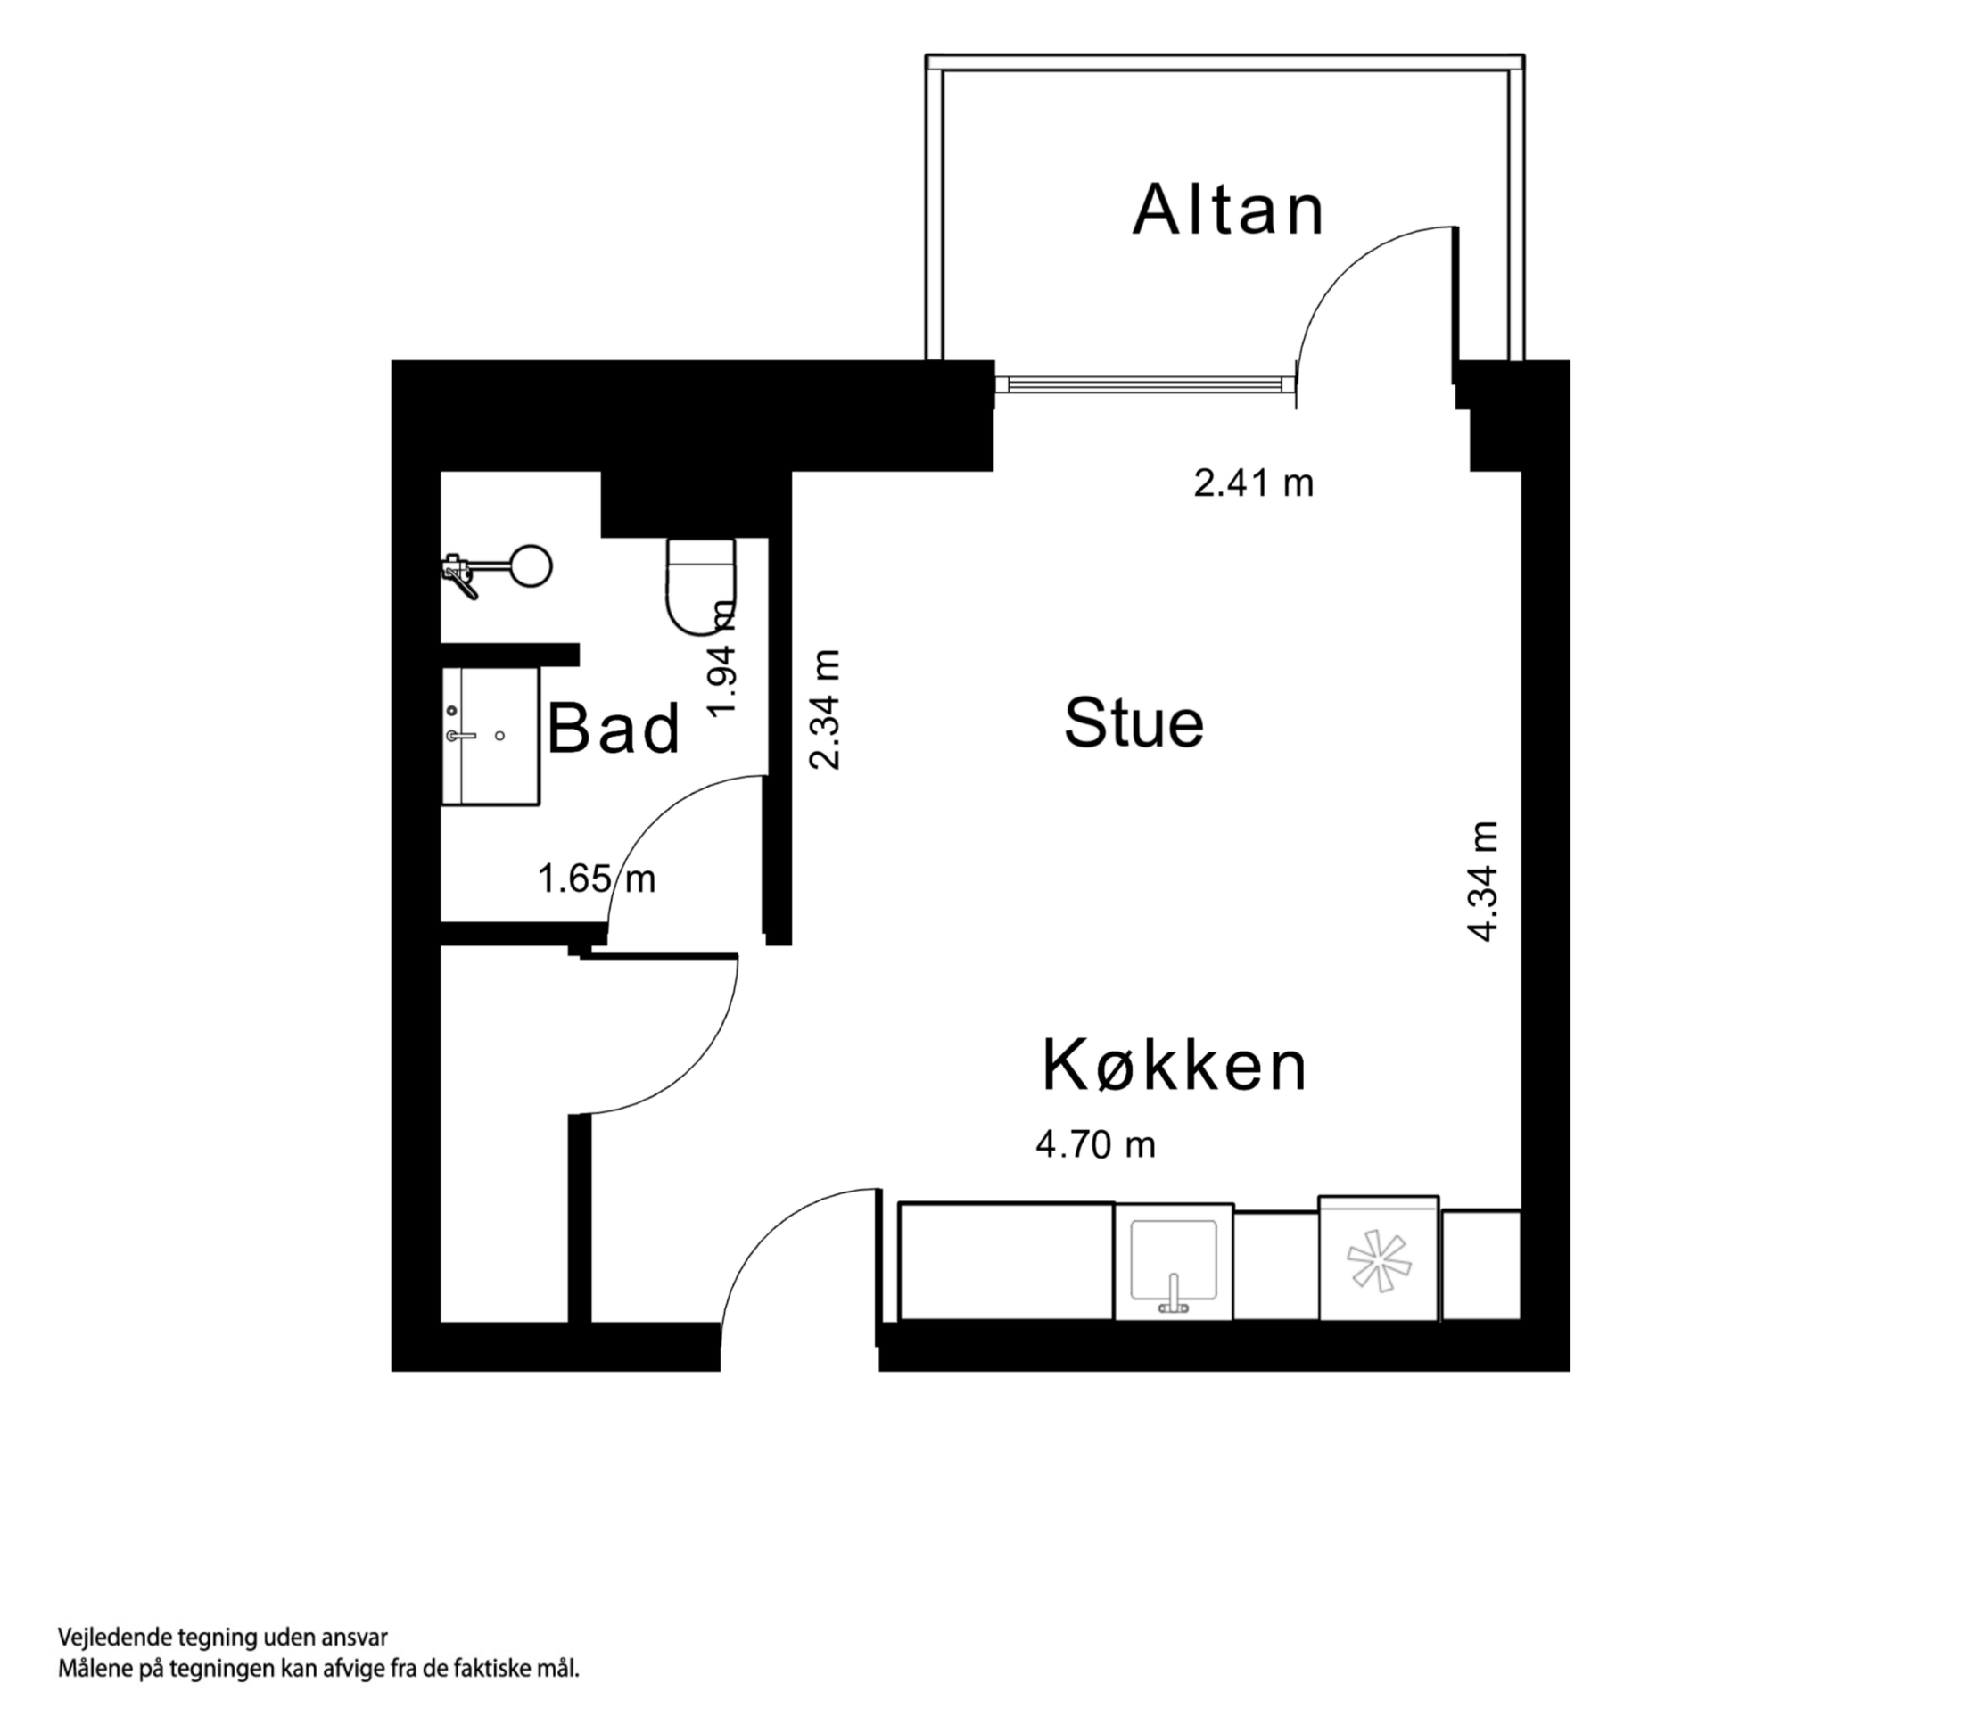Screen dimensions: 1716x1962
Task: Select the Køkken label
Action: [x=1174, y=1065]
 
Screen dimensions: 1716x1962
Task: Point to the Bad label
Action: [x=614, y=729]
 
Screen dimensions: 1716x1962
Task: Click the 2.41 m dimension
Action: [x=1253, y=483]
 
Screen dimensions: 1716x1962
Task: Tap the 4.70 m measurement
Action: [x=1095, y=1144]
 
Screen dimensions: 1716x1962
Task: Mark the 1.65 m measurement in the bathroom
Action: [x=597, y=879]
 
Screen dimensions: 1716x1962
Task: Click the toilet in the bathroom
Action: [x=701, y=584]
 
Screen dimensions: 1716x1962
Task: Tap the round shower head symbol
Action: [x=531, y=566]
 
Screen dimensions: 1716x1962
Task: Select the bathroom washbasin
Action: [x=490, y=736]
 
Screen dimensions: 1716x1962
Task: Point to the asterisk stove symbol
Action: [x=1378, y=1261]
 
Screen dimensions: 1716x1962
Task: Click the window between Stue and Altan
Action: [x=1145, y=385]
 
